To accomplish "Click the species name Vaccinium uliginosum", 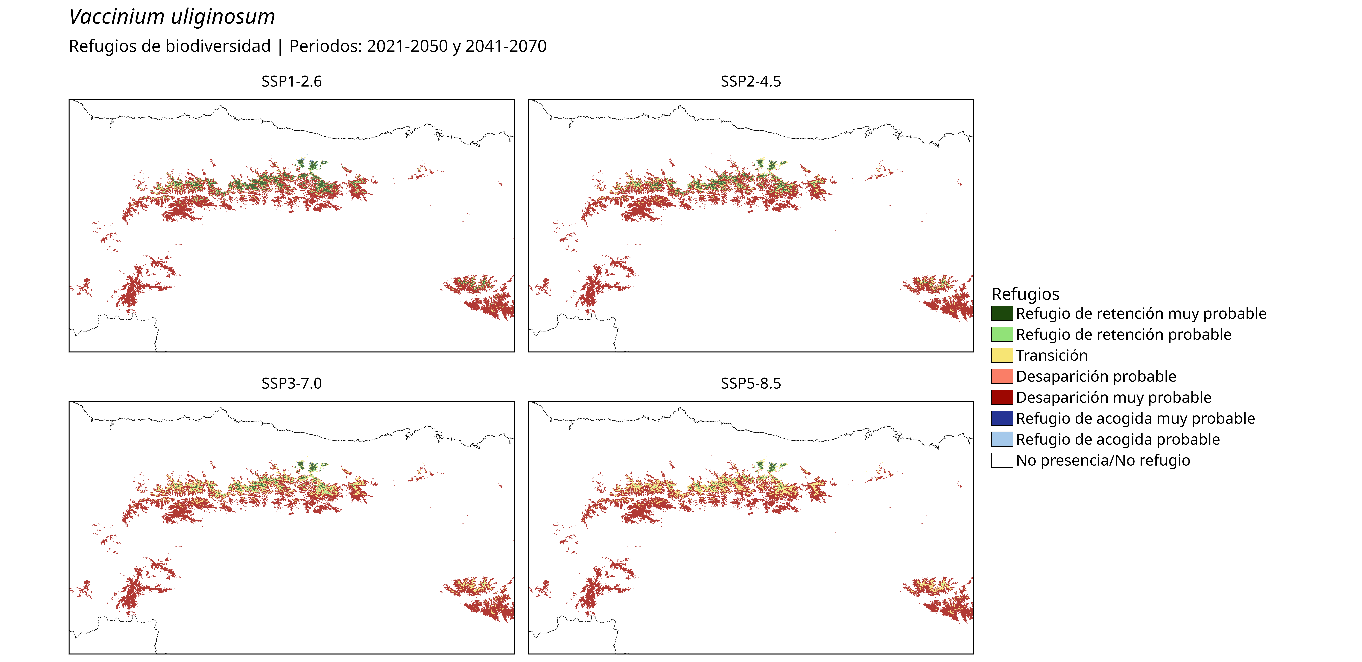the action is click(172, 17).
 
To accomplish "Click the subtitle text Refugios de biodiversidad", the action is click(170, 47).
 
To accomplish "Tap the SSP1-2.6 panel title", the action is click(291, 81).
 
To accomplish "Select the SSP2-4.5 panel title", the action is click(751, 81).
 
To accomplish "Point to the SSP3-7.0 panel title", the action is click(291, 384).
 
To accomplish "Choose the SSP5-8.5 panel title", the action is click(751, 384).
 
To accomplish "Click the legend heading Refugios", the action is click(1025, 294).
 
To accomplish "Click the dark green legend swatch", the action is click(1002, 313).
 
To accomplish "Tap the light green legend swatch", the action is click(1002, 334).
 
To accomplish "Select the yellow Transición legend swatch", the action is click(1002, 355).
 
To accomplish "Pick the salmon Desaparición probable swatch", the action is click(1002, 376).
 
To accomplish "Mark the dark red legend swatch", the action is click(1002, 397).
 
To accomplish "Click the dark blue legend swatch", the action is click(1002, 418).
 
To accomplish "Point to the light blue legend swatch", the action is click(1002, 439).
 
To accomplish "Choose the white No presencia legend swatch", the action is click(1002, 460).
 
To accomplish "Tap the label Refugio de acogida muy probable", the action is click(1135, 418).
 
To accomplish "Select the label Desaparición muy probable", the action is click(1113, 397).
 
